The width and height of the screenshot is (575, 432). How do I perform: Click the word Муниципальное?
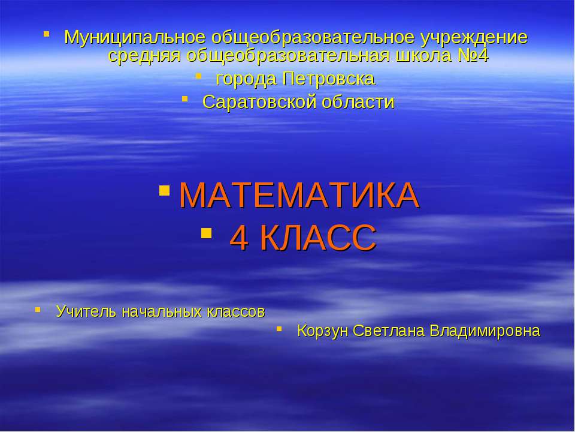(x=135, y=37)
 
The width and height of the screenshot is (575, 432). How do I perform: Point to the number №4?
(x=473, y=55)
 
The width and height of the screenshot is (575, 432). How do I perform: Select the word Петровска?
(x=329, y=79)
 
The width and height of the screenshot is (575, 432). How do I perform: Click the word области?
(x=358, y=102)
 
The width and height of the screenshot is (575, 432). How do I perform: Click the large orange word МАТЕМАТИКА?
(x=299, y=195)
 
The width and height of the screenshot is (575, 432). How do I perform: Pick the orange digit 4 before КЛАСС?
(x=238, y=238)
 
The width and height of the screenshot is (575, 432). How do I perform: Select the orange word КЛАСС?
(x=318, y=238)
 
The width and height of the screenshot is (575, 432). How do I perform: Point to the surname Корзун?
(x=322, y=331)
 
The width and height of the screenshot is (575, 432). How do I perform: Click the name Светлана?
(x=388, y=331)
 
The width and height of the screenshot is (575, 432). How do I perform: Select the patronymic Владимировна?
(x=485, y=331)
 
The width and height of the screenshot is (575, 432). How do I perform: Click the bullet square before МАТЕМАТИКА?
(x=165, y=190)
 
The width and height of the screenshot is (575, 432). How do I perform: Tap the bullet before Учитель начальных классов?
(x=38, y=310)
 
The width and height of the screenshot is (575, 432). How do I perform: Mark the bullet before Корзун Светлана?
(x=279, y=329)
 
